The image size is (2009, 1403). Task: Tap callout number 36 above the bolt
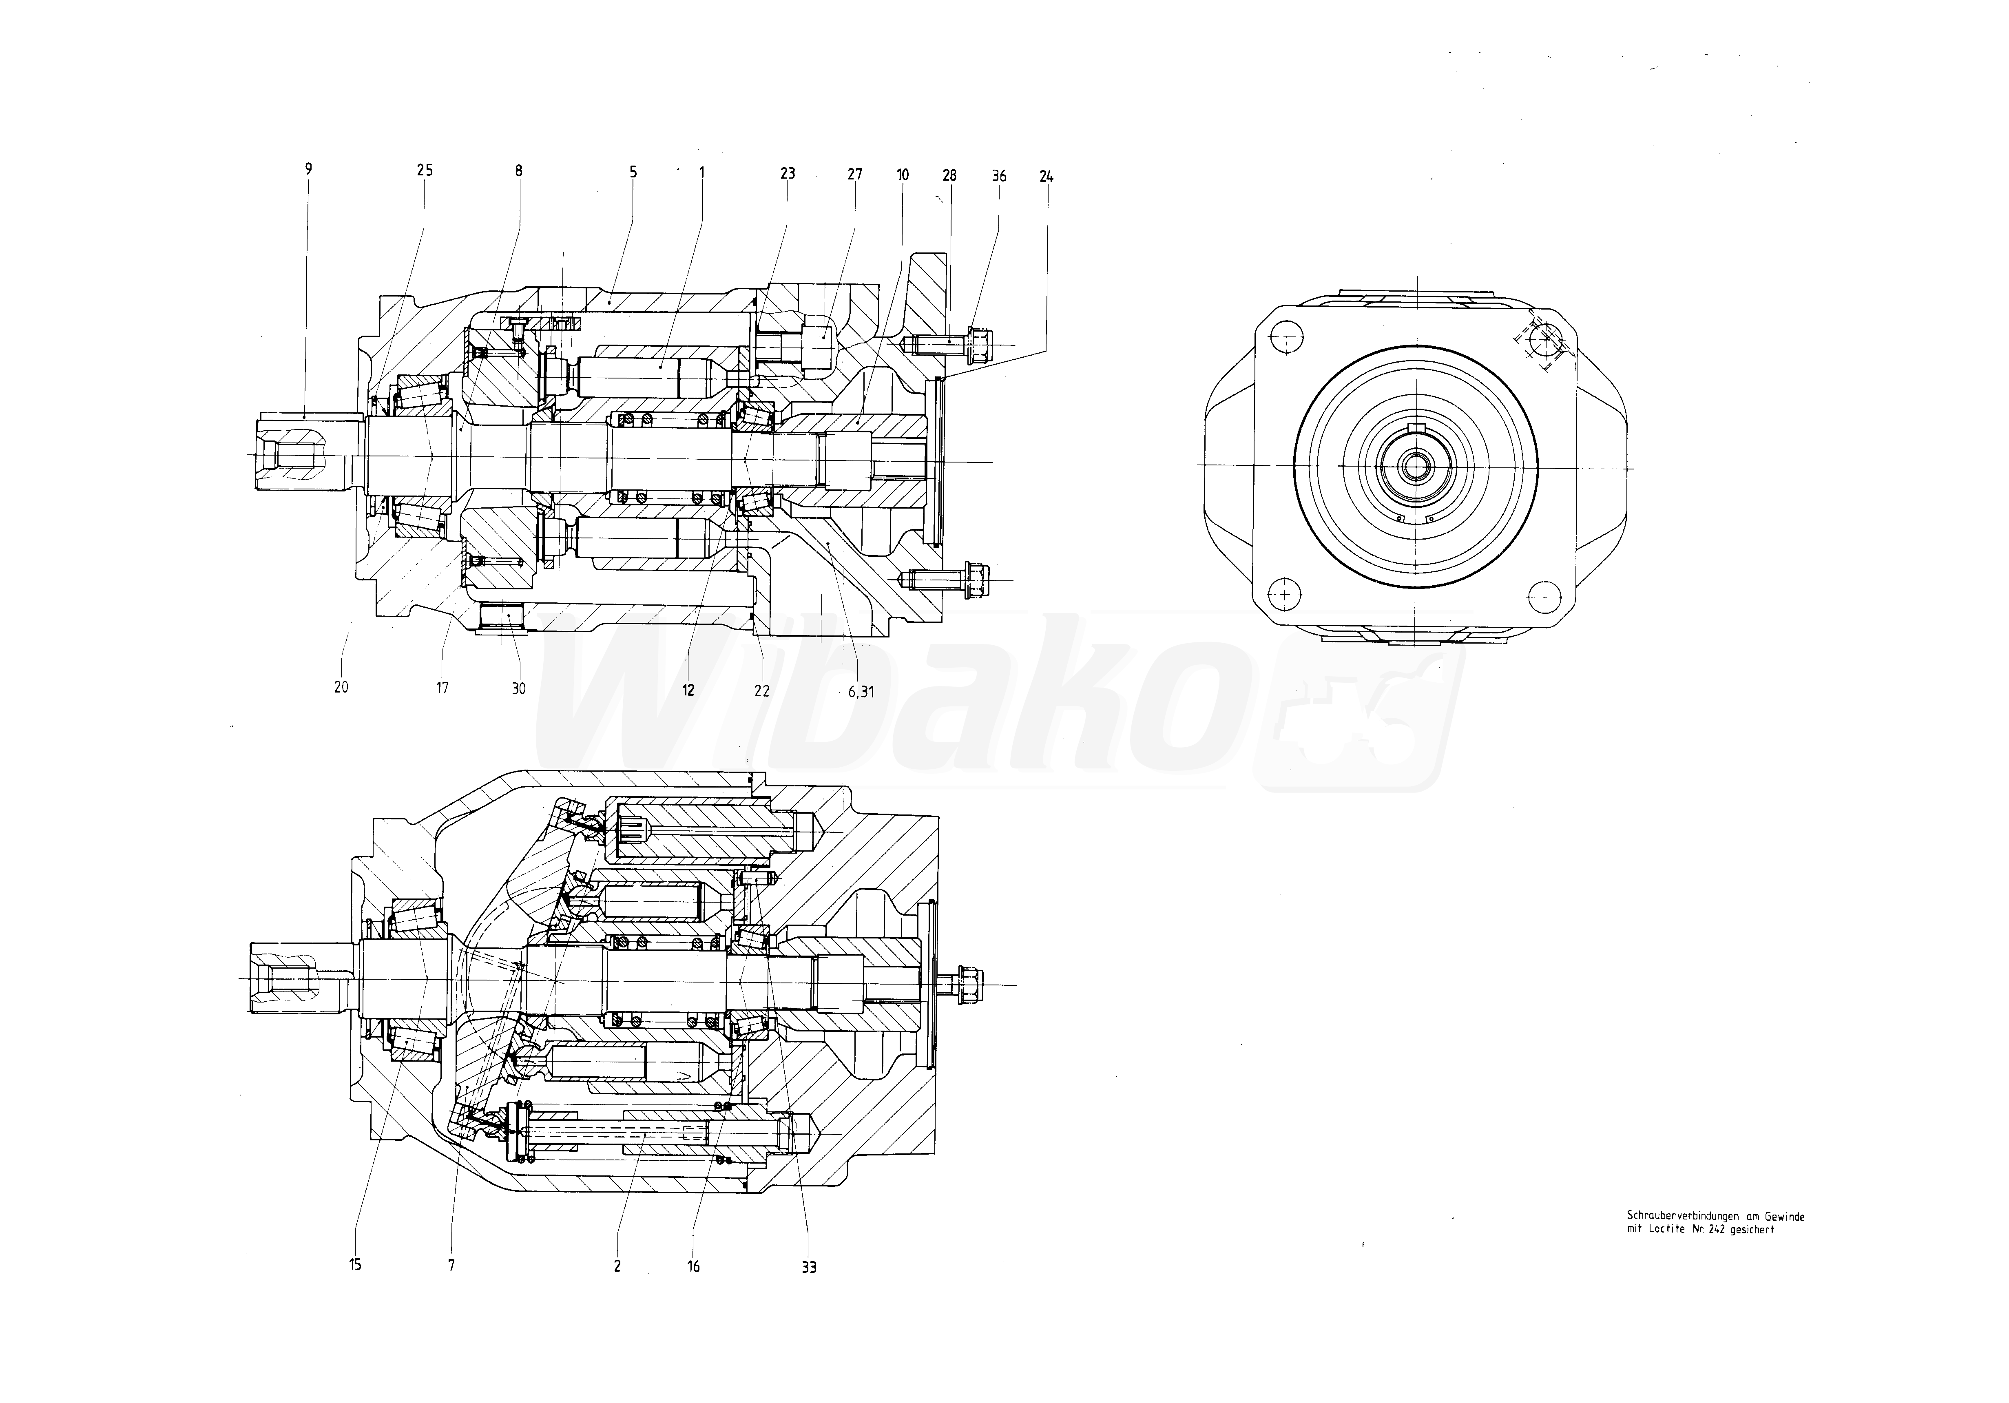click(x=999, y=176)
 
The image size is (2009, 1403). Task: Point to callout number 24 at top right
click(x=1047, y=176)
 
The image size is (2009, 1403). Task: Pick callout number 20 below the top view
click(x=341, y=687)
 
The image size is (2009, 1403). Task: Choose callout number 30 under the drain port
click(x=519, y=689)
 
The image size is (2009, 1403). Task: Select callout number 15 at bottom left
click(x=355, y=1264)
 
